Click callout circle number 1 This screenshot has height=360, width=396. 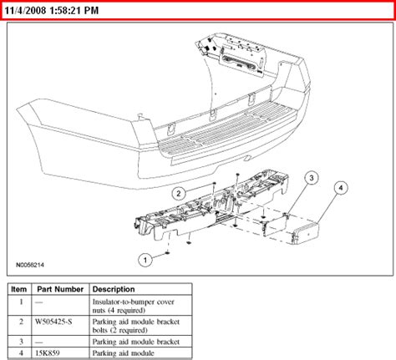144,260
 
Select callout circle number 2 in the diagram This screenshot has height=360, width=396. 178,194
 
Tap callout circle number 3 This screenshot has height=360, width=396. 310,178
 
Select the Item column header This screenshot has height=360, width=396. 18,289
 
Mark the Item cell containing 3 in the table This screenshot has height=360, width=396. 18,342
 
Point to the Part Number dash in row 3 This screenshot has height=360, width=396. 43,342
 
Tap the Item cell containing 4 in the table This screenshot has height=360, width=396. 18,353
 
